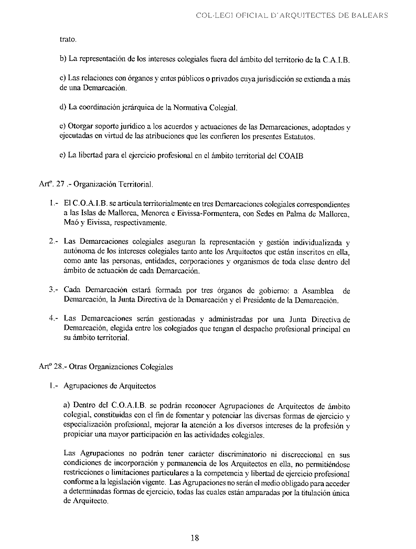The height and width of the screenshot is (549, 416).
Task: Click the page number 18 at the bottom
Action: tap(194, 537)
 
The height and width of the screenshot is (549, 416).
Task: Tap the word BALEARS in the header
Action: tap(370, 15)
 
